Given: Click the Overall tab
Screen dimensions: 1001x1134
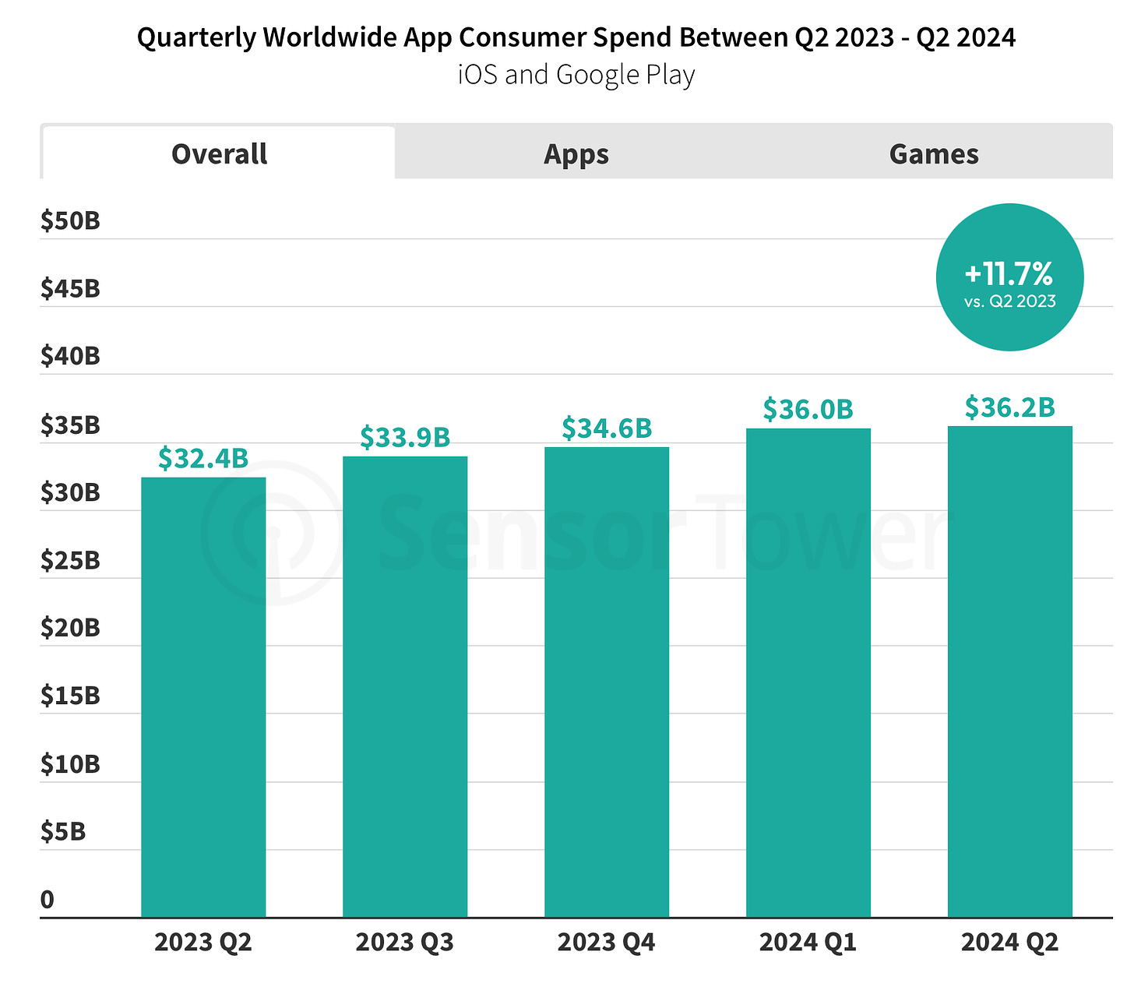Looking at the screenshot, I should click(x=219, y=154).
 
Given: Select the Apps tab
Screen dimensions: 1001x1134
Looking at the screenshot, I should click(x=576, y=154).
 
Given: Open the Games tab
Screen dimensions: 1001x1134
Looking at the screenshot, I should click(x=933, y=154).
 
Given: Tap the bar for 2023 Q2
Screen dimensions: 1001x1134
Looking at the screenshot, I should click(x=203, y=697).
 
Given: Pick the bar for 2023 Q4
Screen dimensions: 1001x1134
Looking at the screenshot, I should click(x=607, y=682).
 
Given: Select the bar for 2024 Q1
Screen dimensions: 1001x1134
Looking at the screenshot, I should click(x=808, y=672).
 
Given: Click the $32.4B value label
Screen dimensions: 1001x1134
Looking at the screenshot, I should click(x=203, y=459).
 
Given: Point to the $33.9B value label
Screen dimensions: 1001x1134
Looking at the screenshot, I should click(x=405, y=438).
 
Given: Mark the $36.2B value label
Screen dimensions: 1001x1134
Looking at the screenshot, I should click(x=1010, y=407).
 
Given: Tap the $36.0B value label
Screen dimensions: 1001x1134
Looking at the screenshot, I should click(x=808, y=409).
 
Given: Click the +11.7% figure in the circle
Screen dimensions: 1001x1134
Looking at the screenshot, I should click(x=1009, y=273).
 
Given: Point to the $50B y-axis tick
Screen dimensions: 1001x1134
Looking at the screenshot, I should click(x=71, y=221).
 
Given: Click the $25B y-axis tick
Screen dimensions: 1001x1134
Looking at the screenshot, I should click(x=71, y=560).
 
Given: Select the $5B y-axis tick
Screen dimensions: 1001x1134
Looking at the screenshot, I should click(x=63, y=832).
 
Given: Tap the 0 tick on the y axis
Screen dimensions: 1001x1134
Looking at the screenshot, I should click(x=48, y=900).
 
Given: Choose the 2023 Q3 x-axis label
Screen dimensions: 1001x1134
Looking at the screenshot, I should click(x=405, y=943).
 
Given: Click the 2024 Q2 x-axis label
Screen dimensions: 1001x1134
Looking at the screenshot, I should click(x=1010, y=943).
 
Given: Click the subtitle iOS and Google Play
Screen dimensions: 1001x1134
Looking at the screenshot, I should click(x=576, y=75).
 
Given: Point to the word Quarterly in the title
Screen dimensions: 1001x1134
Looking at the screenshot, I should click(x=196, y=37).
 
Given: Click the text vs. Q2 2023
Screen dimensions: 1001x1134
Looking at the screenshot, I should click(x=1010, y=301).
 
